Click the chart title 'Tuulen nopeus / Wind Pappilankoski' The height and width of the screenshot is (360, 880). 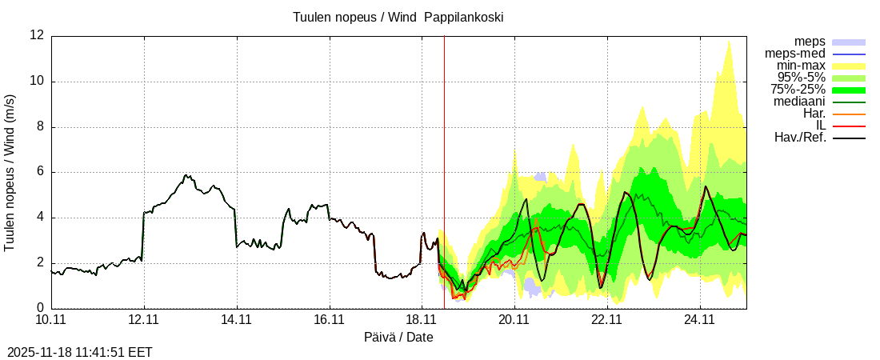(398, 17)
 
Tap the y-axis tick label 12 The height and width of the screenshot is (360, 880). (37, 35)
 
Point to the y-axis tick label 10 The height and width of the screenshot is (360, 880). (37, 81)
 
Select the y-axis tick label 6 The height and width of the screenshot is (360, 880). (40, 172)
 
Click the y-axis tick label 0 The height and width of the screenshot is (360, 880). (40, 308)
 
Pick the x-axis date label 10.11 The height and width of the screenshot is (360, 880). (51, 320)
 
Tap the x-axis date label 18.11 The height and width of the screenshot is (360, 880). (422, 320)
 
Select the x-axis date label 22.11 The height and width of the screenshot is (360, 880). (606, 320)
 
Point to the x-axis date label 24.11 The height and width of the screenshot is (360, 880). (699, 320)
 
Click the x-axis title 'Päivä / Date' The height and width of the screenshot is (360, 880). (398, 338)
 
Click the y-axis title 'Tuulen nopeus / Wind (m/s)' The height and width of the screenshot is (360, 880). (10, 172)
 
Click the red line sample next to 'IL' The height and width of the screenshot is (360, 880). (849, 126)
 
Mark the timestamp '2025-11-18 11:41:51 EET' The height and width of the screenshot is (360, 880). (80, 352)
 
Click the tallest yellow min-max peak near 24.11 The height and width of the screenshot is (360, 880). (728, 43)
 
